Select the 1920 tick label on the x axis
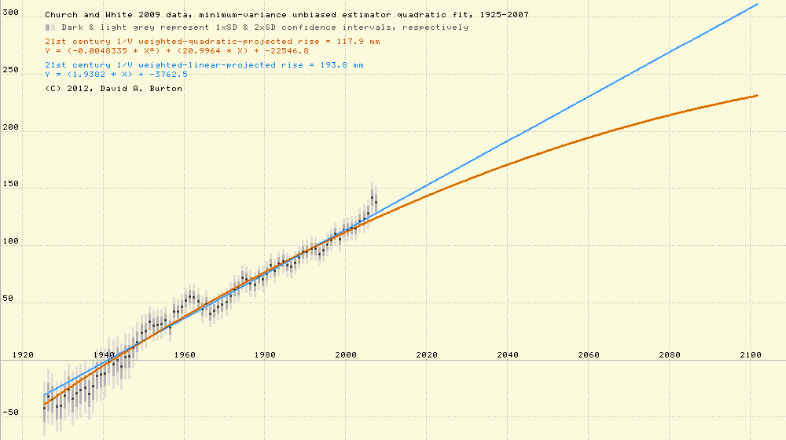coord(23,355)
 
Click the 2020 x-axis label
coord(427,355)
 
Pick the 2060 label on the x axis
coord(589,355)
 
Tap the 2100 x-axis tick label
coord(750,355)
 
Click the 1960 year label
coord(185,355)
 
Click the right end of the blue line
coord(757,5)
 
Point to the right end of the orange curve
coord(757,96)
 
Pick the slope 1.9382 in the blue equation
coord(89,74)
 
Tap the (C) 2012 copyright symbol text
coord(67,89)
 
